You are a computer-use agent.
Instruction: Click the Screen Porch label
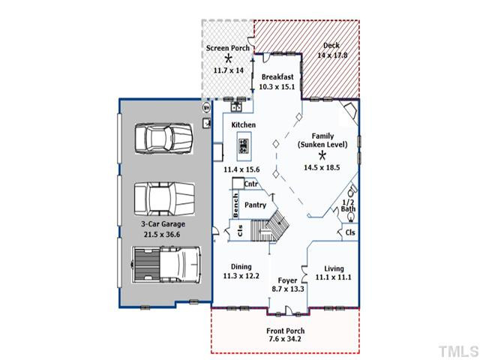[228, 48]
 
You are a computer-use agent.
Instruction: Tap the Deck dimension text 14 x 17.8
[332, 55]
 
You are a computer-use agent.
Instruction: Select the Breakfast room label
[277, 76]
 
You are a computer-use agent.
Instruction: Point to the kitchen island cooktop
[244, 146]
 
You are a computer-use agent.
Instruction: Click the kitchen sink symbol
[236, 106]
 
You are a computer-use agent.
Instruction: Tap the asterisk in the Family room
[322, 156]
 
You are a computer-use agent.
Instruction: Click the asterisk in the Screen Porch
[228, 58]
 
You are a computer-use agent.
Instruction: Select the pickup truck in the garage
[166, 265]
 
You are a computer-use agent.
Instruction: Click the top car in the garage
[163, 139]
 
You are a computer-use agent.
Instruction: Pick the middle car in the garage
[164, 199]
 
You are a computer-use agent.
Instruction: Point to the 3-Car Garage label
[163, 223]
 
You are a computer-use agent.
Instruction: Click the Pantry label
[255, 205]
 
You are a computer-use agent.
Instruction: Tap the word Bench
[235, 205]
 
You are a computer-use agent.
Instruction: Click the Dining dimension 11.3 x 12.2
[241, 276]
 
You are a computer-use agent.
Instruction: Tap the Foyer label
[287, 280]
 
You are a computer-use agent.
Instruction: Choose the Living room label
[334, 268]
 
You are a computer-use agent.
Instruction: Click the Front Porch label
[285, 331]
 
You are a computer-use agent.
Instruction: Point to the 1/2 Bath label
[348, 205]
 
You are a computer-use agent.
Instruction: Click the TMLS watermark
[458, 351]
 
